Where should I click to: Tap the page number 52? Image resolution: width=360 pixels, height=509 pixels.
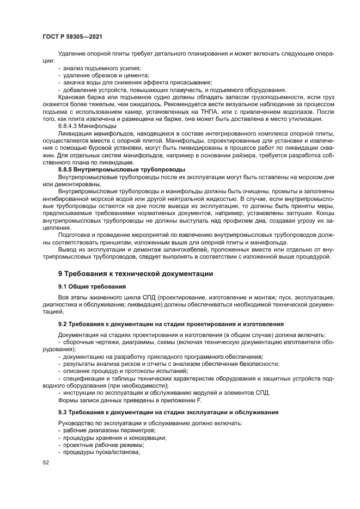pyautogui.click(x=45, y=462)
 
